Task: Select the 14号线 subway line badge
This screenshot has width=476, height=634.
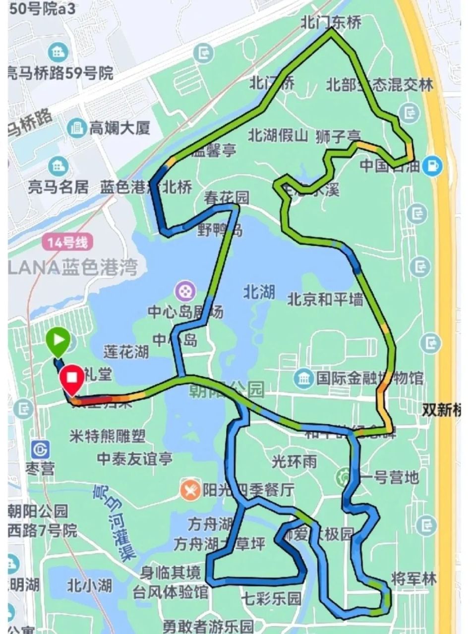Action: click(67, 242)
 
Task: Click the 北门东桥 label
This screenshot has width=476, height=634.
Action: click(331, 23)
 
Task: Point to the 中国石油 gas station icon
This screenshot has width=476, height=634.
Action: click(432, 166)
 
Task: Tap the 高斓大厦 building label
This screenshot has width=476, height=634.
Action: click(119, 128)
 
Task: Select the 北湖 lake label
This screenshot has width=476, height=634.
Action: click(259, 292)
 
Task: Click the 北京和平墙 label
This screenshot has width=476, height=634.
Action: click(325, 299)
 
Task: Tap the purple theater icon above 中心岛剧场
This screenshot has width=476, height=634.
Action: click(185, 289)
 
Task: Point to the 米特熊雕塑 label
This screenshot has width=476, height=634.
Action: click(108, 436)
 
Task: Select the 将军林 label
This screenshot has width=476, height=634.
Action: click(414, 578)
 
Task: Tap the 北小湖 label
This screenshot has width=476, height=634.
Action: click(90, 585)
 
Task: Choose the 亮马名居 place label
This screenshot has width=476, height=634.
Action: click(58, 187)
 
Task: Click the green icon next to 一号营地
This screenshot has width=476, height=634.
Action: click(344, 477)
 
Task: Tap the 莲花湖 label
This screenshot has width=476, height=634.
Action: click(126, 351)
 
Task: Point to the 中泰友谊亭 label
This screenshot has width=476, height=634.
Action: click(135, 459)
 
